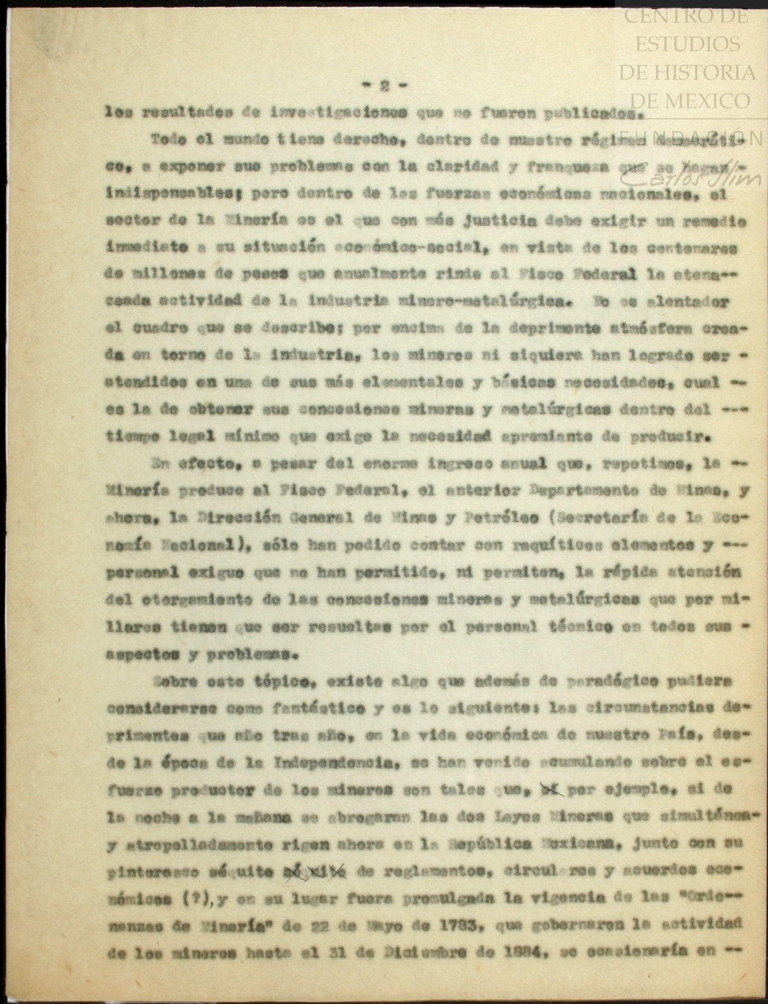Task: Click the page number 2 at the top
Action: click(x=384, y=86)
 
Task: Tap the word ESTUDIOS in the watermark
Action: click(x=687, y=44)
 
